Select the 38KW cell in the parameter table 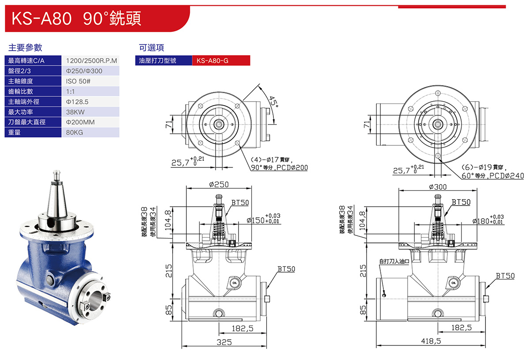click(x=91, y=112)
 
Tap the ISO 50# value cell click(x=91, y=81)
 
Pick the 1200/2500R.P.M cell click(x=91, y=61)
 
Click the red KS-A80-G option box click(x=221, y=61)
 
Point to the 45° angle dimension click(x=274, y=102)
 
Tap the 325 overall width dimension click(x=225, y=342)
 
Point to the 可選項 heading click(x=151, y=48)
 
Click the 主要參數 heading click(x=25, y=48)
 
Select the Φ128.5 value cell click(x=91, y=102)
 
